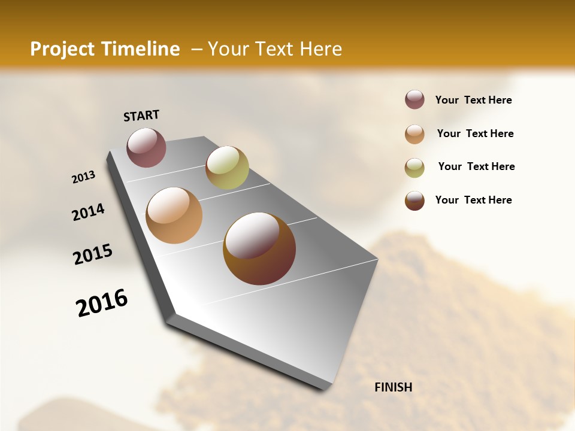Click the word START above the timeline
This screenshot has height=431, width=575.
(141, 116)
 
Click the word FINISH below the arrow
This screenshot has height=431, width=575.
(394, 387)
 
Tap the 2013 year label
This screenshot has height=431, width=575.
(83, 177)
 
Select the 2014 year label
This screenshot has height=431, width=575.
(88, 213)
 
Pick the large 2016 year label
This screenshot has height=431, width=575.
(102, 303)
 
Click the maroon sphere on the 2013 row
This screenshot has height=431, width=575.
(146, 147)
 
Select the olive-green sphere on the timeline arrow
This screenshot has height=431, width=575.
(227, 168)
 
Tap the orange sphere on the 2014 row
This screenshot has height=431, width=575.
(174, 215)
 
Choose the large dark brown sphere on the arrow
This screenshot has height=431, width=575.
(259, 248)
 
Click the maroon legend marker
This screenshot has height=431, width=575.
(414, 100)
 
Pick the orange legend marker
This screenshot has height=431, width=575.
(414, 134)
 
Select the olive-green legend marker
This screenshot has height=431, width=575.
(414, 168)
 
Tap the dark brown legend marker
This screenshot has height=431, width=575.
(414, 201)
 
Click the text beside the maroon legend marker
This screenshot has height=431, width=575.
(474, 101)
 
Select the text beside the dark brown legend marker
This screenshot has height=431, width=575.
(474, 200)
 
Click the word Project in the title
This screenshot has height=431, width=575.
(62, 49)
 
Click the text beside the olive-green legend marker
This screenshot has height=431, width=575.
(476, 166)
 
